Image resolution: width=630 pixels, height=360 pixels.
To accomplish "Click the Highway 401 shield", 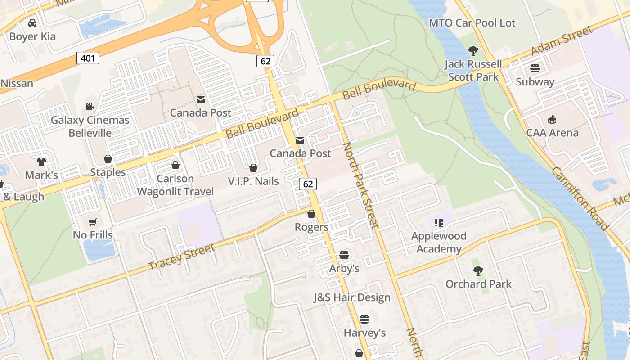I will [88, 58].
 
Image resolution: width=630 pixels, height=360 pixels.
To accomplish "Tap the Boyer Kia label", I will [32, 36].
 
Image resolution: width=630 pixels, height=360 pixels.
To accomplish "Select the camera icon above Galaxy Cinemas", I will [90, 106].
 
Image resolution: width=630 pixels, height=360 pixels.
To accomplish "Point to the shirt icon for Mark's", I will [41, 162].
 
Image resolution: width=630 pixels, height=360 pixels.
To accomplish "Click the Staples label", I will [108, 172].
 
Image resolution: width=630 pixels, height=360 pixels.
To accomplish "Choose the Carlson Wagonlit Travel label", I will [175, 185].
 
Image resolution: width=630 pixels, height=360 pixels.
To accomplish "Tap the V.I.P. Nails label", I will [253, 181].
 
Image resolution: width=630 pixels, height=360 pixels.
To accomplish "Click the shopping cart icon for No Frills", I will [93, 221].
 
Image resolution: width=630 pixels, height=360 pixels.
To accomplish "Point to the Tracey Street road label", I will [182, 257].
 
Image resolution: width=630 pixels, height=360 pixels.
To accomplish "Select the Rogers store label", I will [311, 227].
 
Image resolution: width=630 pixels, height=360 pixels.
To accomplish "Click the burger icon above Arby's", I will [344, 255].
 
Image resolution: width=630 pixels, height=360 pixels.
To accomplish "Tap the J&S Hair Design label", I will [352, 297].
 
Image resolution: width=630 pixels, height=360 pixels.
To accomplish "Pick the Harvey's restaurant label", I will [364, 333].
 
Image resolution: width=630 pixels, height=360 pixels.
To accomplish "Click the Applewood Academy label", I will [439, 242].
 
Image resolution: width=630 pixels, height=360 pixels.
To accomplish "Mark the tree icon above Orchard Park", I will [478, 271].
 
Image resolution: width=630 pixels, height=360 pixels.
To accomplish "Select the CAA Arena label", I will [552, 133].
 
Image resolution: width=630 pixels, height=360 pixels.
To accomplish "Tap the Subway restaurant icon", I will [535, 68].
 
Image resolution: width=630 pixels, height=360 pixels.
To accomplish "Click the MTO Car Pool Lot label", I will [472, 23].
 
